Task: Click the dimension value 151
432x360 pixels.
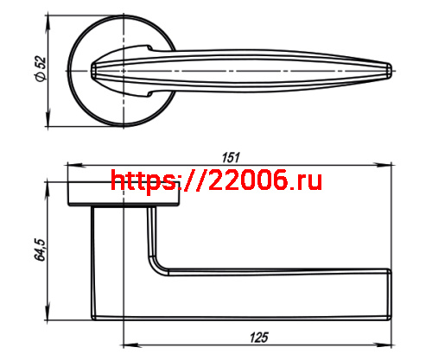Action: [231, 157]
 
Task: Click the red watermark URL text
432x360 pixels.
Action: [217, 180]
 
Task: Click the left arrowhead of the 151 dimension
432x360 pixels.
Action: [71, 165]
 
